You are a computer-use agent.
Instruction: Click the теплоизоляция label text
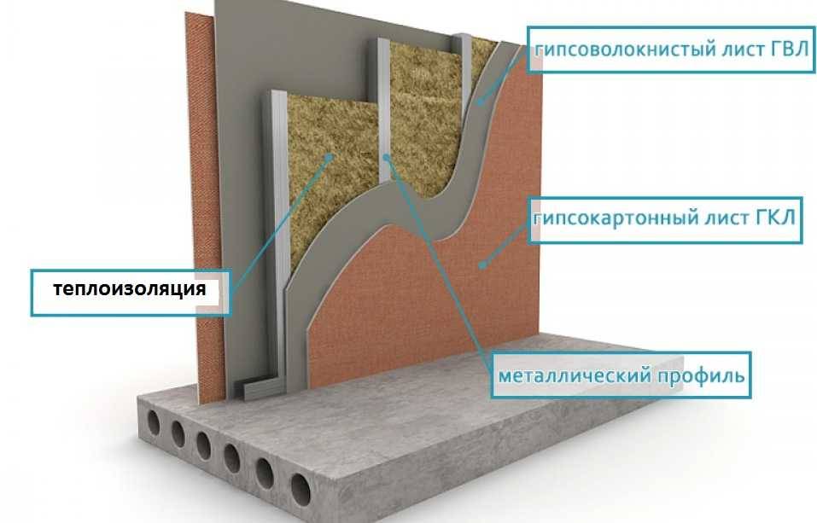[x=130, y=288]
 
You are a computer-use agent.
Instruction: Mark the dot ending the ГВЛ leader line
[x=481, y=103]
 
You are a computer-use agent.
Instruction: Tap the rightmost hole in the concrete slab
[x=301, y=489]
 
